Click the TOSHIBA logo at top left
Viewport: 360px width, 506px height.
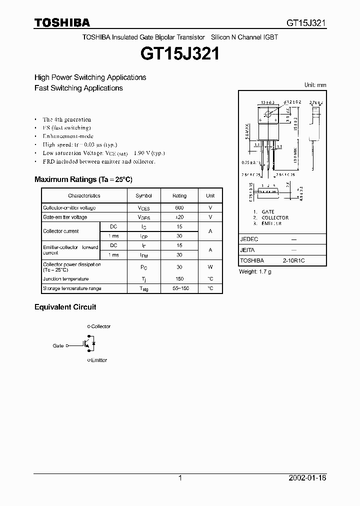(x=62, y=22)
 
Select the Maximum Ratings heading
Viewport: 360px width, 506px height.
(x=83, y=179)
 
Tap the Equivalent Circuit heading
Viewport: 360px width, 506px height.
(x=65, y=307)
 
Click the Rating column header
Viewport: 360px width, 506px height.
(x=179, y=196)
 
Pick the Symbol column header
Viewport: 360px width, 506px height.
(x=144, y=196)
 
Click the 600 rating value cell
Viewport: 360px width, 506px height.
(x=179, y=208)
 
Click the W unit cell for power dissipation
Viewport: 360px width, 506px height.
(x=210, y=267)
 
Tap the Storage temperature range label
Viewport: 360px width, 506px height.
(x=72, y=288)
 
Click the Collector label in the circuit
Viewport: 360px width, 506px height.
(x=100, y=326)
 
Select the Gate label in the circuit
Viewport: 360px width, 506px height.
(x=58, y=345)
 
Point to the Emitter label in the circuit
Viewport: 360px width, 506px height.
(x=99, y=360)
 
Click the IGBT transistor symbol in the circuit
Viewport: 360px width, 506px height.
(x=88, y=344)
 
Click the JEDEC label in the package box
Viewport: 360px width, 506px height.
(x=249, y=239)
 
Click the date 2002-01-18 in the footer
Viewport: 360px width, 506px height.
(x=308, y=478)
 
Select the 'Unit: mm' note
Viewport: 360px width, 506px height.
(x=315, y=85)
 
